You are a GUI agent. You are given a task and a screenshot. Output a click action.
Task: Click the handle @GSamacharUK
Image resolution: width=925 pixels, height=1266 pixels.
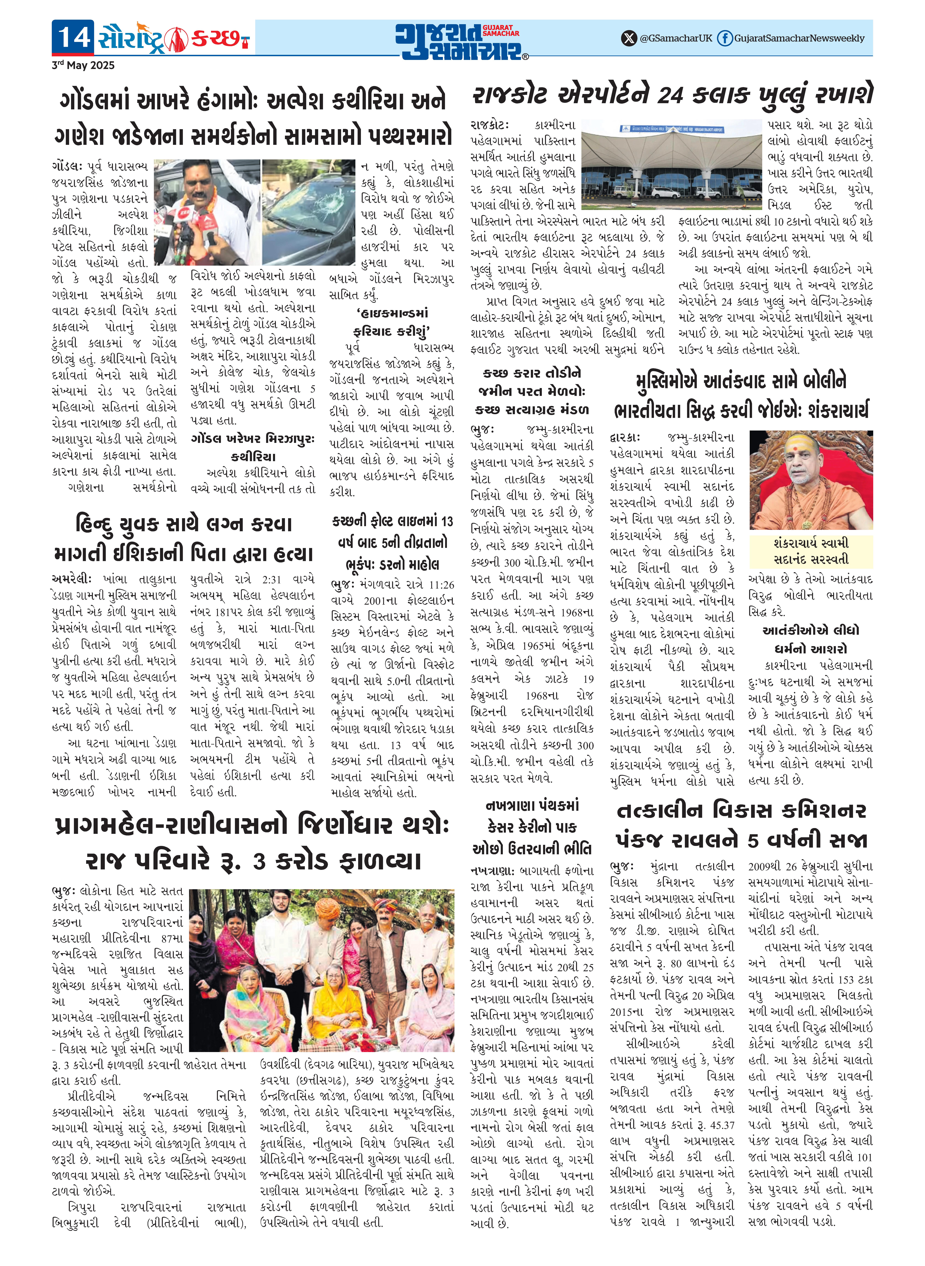pos(676,38)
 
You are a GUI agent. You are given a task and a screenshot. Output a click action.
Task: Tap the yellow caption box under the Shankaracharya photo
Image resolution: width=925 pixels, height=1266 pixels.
pos(811,551)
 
